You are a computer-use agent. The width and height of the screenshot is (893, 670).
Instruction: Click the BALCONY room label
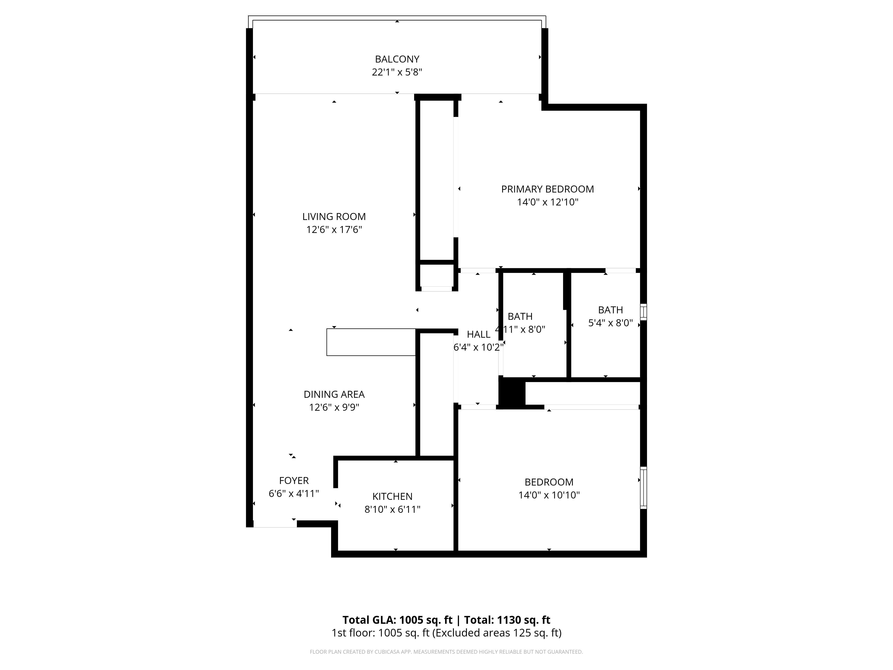397,59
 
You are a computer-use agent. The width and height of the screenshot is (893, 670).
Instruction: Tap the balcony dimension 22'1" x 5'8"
397,72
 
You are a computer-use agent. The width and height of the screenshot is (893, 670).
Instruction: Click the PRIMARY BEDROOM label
547,189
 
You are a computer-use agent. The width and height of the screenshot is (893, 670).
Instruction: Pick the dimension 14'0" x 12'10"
547,202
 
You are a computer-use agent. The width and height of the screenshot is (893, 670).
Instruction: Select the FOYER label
294,481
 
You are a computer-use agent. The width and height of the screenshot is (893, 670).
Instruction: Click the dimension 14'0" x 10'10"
549,495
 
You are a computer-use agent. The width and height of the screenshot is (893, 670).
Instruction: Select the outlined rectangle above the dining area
371,342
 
